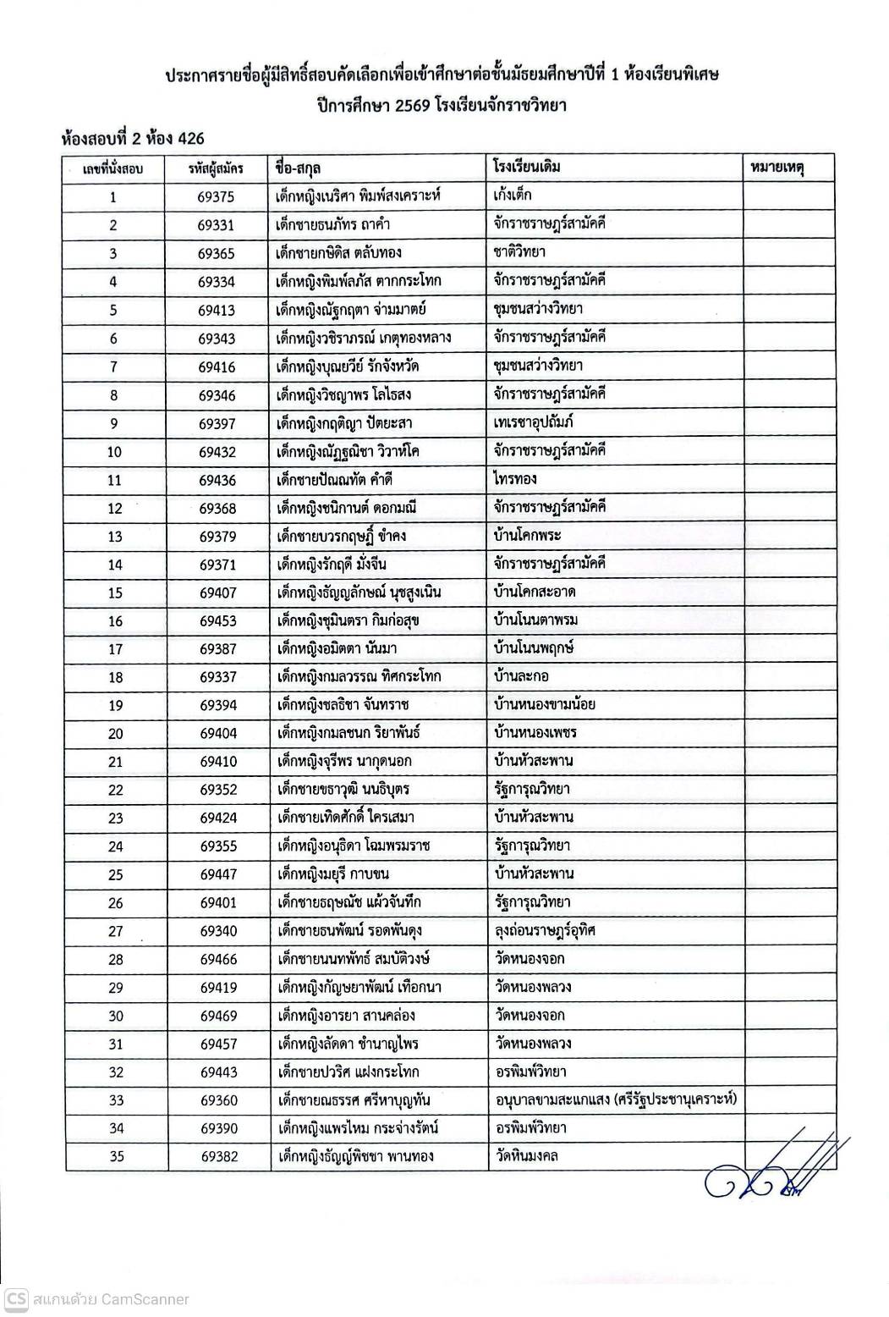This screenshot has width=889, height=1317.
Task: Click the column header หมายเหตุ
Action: [x=777, y=168]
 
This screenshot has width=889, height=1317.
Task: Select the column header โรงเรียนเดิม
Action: [x=526, y=167]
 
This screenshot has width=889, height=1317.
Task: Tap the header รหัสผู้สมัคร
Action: [x=217, y=168]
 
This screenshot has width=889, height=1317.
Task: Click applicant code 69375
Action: [x=217, y=197]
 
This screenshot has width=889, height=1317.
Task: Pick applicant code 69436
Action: [x=217, y=480]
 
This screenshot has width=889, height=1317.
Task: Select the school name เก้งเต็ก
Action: [x=513, y=196]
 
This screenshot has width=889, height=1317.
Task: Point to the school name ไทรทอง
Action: [x=515, y=479]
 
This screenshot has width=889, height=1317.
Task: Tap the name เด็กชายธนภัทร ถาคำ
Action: [x=333, y=225]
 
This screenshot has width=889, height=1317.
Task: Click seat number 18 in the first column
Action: [x=116, y=677]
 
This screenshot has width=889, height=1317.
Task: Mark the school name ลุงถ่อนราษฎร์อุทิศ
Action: [x=546, y=930]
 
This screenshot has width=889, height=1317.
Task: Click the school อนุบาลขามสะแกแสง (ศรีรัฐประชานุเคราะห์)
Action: [x=616, y=1100]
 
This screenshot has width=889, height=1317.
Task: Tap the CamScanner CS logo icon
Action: [x=14, y=1299]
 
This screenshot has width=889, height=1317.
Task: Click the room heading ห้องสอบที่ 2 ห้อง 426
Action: [x=133, y=137]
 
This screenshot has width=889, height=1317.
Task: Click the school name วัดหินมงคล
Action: [x=527, y=1156]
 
